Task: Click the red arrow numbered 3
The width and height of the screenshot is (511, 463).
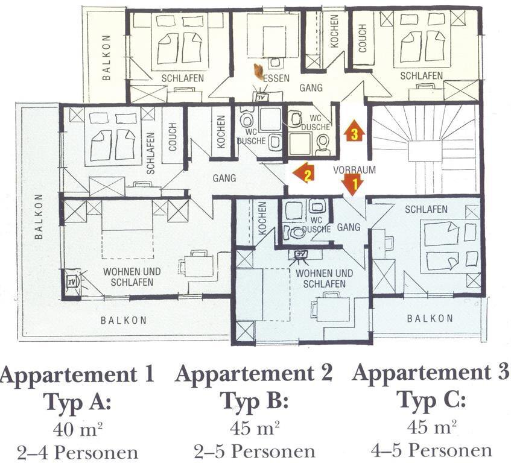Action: [x=355, y=130]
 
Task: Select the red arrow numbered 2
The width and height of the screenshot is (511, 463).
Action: [x=303, y=173]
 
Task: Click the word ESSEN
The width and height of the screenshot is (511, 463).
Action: [x=277, y=78]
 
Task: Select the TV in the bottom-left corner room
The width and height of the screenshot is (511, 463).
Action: [x=71, y=282]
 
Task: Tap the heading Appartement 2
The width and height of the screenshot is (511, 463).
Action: [x=254, y=374]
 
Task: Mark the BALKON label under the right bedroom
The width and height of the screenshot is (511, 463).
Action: [x=430, y=318]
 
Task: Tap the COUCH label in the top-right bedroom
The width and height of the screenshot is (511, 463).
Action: [x=363, y=38]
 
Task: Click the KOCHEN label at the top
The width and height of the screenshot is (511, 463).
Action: [x=334, y=31]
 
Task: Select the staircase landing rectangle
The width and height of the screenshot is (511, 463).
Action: [x=424, y=151]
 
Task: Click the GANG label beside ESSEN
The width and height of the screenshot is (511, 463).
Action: [x=311, y=87]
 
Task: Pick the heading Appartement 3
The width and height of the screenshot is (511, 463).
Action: [x=431, y=373]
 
